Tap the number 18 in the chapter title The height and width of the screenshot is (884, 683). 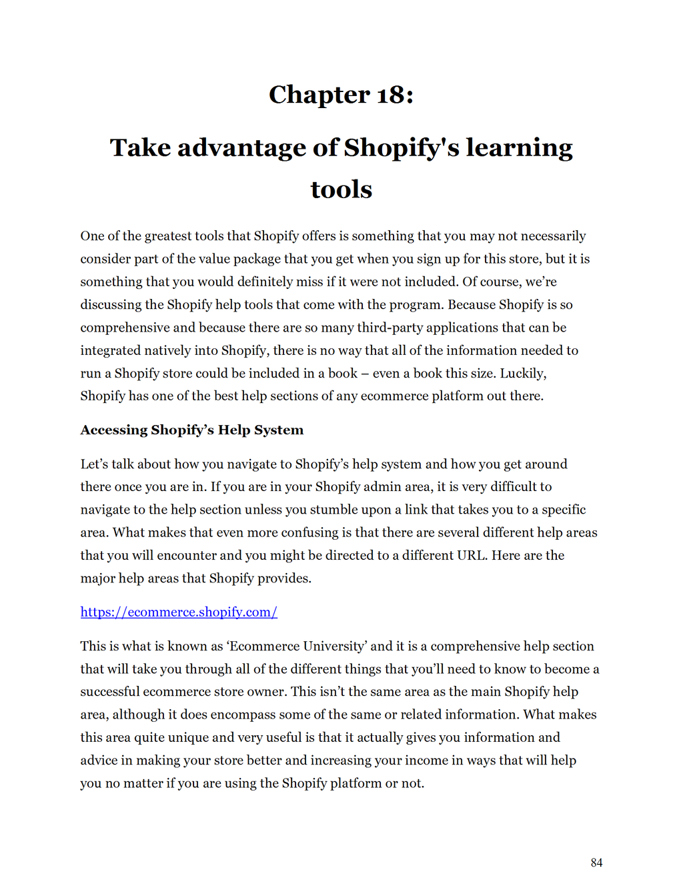[x=390, y=95]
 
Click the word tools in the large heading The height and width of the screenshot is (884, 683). [x=341, y=189]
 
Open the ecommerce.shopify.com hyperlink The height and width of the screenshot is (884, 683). [x=179, y=612]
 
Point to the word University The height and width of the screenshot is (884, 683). [x=333, y=646]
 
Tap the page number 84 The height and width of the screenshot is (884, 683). [x=596, y=863]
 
